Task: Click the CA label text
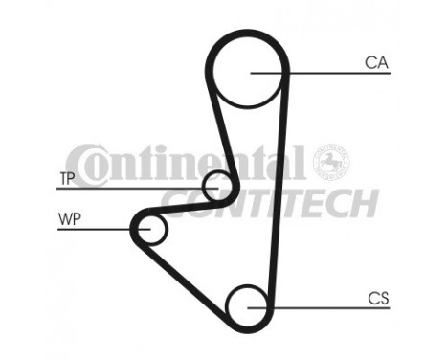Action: [375, 64]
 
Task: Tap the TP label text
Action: [67, 178]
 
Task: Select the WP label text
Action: [68, 219]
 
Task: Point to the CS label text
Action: [379, 299]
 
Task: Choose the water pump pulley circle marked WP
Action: [150, 229]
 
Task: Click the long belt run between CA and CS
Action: [277, 191]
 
